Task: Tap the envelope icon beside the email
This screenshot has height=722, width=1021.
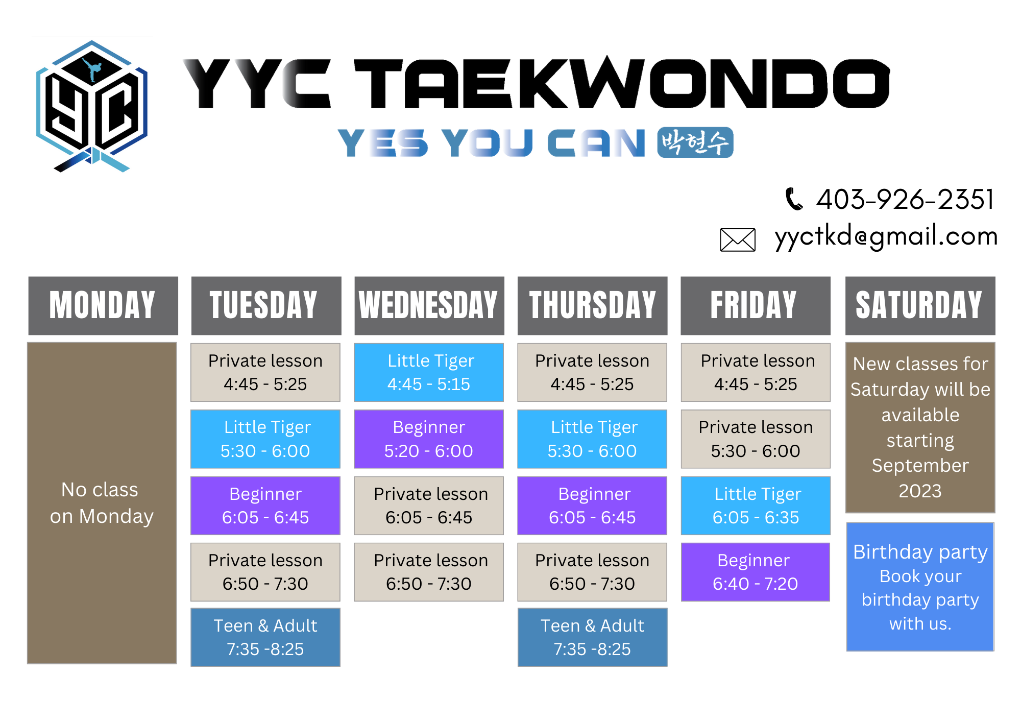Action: click(x=737, y=239)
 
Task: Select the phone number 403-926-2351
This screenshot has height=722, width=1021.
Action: click(x=905, y=199)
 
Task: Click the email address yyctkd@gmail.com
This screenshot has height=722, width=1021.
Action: click(x=886, y=236)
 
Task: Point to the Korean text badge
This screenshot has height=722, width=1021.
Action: click(x=695, y=142)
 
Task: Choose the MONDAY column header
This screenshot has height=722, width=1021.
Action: click(x=103, y=305)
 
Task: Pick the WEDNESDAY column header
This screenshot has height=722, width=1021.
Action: click(x=429, y=305)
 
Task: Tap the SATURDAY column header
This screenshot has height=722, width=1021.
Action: click(x=920, y=305)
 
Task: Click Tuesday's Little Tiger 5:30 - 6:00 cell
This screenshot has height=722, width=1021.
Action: click(x=265, y=439)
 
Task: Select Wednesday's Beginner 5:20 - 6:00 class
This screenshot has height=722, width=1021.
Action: click(x=429, y=439)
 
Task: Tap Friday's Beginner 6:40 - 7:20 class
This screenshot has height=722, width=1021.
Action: click(x=756, y=572)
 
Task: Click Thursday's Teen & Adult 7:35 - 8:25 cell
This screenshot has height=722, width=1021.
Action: click(x=592, y=637)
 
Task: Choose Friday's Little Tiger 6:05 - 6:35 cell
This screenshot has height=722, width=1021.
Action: click(x=756, y=506)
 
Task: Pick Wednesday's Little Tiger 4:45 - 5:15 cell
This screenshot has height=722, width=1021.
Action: click(x=429, y=372)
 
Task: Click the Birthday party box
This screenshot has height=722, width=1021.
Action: click(x=920, y=587)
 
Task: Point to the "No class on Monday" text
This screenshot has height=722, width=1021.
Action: click(x=102, y=503)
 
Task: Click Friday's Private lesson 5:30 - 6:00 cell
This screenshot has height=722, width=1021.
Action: click(x=756, y=439)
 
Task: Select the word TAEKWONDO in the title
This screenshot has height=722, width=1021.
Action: click(x=622, y=83)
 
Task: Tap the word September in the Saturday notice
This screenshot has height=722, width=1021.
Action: click(x=920, y=466)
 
